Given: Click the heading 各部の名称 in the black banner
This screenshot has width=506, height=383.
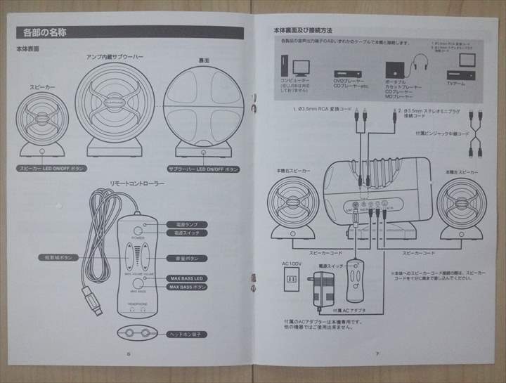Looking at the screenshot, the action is pos(46,32).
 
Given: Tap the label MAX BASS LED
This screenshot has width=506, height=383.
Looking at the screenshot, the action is pos(188,278).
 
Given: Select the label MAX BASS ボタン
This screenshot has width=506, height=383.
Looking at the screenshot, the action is pos(188,287).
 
